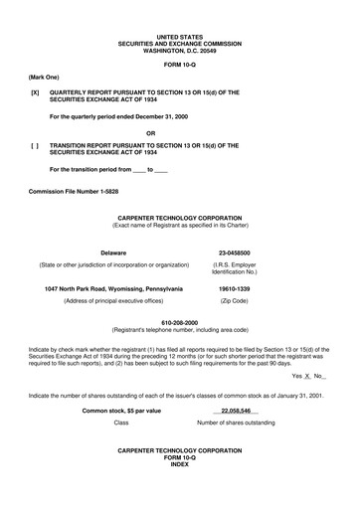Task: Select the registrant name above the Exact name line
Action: point(179,216)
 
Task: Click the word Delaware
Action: point(112,253)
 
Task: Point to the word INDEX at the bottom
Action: point(179,464)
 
